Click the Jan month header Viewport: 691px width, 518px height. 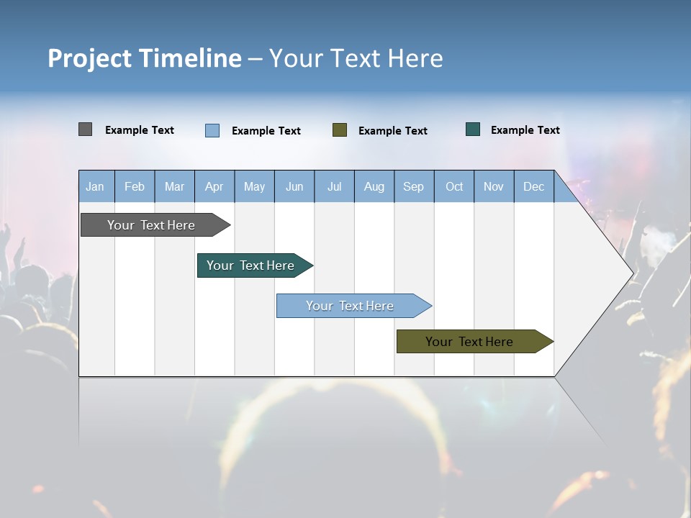pos(95,187)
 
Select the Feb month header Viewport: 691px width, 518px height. pos(135,187)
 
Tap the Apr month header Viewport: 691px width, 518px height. pos(214,187)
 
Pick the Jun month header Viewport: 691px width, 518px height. pos(294,187)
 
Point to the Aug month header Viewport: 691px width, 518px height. pos(374,187)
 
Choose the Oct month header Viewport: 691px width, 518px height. pos(454,187)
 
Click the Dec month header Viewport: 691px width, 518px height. pos(534,187)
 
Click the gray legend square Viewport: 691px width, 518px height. pos(85,129)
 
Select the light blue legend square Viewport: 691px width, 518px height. pos(212,130)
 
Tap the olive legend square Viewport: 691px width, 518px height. pos(340,130)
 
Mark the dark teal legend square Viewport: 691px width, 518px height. pos(473,129)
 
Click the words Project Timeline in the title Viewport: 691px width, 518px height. pos(144,58)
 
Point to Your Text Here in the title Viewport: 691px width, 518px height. pos(356,58)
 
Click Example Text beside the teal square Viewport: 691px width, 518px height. pos(525,130)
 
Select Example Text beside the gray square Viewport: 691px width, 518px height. pos(140,130)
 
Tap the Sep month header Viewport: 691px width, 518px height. pos(414,187)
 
